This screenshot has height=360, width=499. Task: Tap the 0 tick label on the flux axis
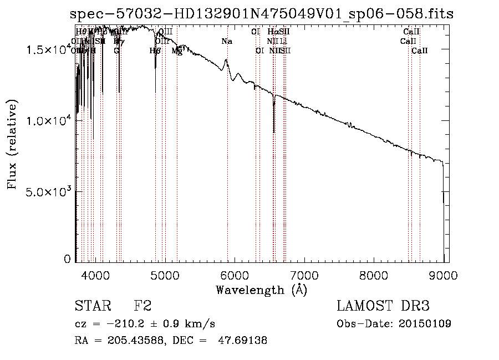pyautogui.click(x=68, y=258)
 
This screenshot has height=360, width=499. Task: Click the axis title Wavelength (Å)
pyautogui.click(x=261, y=290)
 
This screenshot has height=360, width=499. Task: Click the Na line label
pyautogui.click(x=226, y=41)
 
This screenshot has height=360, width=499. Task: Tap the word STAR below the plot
pyautogui.click(x=92, y=307)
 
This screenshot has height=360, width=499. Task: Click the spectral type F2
pyautogui.click(x=142, y=307)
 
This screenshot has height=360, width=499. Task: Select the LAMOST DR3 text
pyautogui.click(x=383, y=307)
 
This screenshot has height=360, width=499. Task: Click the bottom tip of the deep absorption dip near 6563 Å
pyautogui.click(x=274, y=132)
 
